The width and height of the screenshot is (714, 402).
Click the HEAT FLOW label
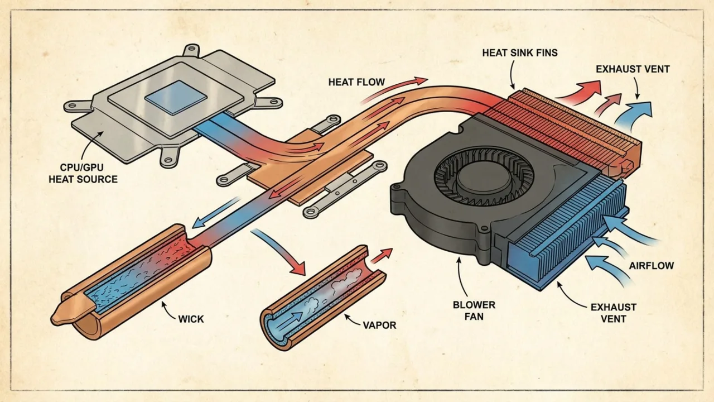(356, 82)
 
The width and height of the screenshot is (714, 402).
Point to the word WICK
(191, 319)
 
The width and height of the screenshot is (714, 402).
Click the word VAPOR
(379, 325)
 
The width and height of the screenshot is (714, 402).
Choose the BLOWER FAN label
(474, 311)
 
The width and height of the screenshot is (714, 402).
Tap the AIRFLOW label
(651, 266)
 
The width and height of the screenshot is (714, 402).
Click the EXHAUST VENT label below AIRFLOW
(613, 313)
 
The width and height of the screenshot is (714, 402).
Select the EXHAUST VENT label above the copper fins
(633, 69)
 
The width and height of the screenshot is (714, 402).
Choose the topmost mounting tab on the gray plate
(191, 50)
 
